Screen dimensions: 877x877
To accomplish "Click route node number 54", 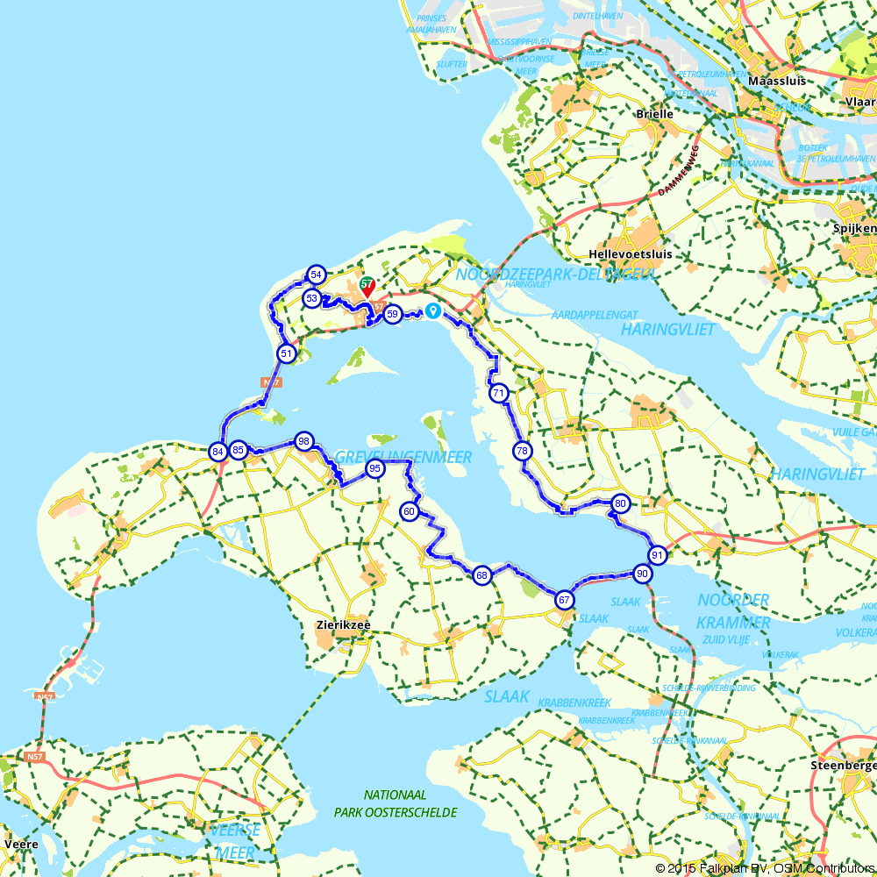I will [317, 275].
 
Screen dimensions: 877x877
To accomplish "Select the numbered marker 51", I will [286, 353].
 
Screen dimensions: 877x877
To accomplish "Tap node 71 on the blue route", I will [499, 393].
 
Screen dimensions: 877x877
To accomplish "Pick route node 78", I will [522, 451].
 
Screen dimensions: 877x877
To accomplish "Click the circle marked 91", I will [657, 554].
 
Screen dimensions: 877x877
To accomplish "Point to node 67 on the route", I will [564, 601].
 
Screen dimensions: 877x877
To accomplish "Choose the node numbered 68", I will [481, 575].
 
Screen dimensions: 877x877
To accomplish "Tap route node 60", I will [409, 511].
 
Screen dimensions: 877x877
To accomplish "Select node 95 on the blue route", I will [374, 468].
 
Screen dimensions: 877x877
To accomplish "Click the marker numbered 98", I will [303, 440].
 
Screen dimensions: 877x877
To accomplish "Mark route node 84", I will [217, 452].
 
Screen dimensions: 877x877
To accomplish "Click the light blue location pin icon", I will [432, 310].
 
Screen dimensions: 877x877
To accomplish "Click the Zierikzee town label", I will [343, 625].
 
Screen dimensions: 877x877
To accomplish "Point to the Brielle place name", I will [656, 114].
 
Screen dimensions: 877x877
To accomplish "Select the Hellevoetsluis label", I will [631, 254].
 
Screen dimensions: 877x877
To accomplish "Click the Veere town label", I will [20, 844].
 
